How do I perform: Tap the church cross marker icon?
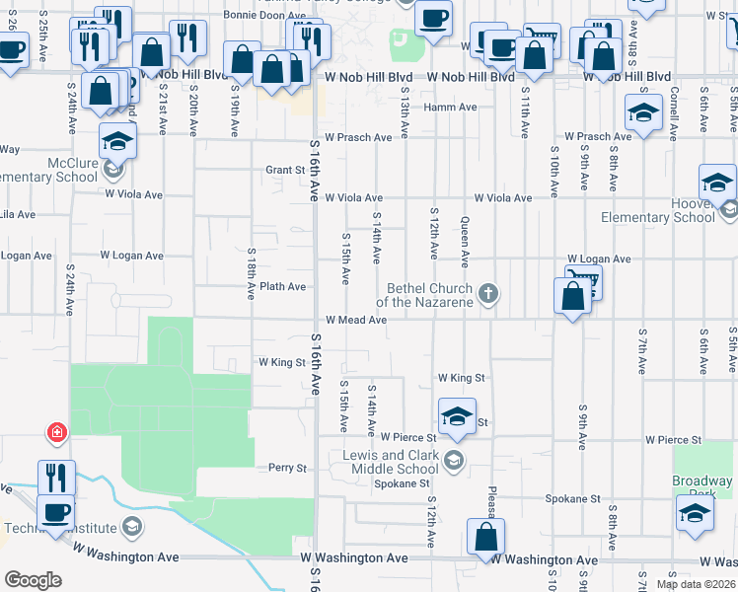click(487, 293)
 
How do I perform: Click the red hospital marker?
click(58, 432)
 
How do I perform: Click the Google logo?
click(33, 579)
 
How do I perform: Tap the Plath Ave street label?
click(282, 286)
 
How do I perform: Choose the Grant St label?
click(285, 170)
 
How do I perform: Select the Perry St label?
click(288, 468)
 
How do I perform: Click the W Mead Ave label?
click(356, 321)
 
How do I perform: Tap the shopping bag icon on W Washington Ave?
click(485, 538)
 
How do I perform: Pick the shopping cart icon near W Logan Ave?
click(583, 281)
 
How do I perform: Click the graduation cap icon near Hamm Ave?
click(643, 113)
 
